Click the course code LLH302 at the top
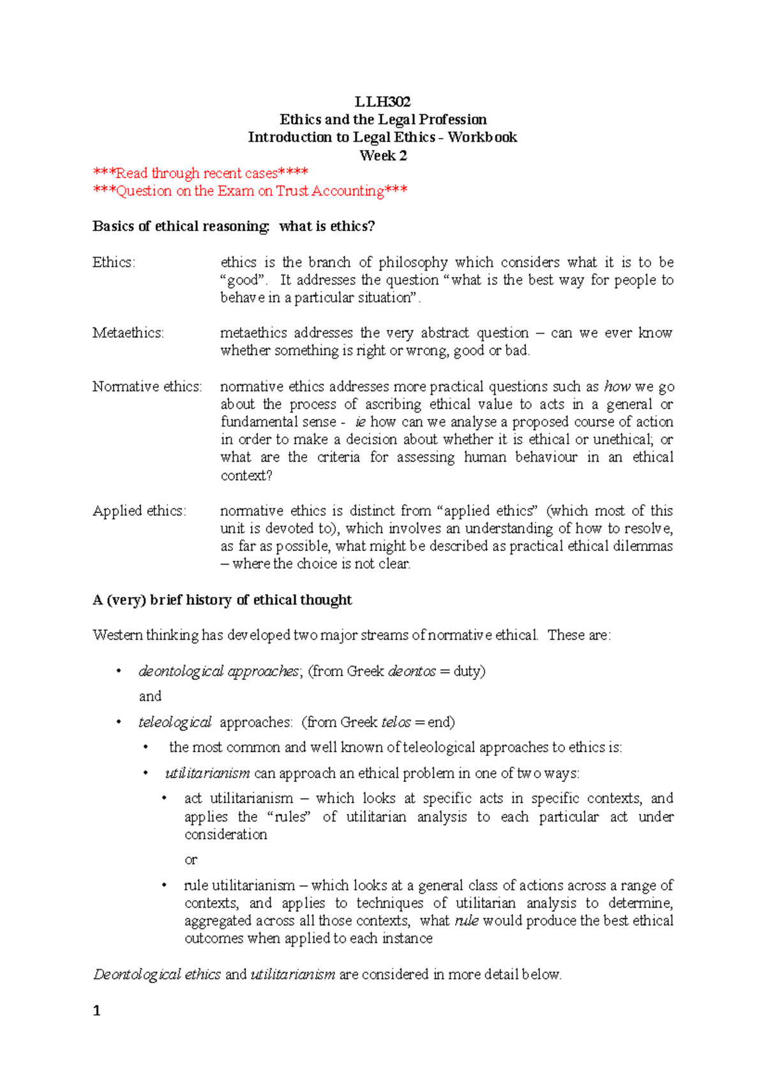coord(382,102)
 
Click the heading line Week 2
coord(382,155)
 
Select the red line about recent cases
coord(200,173)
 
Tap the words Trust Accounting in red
coord(330,191)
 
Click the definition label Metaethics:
coord(128,333)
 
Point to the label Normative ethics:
coord(147,386)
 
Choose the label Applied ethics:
coord(139,511)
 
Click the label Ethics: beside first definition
coord(114,262)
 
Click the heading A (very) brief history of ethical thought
coord(222,599)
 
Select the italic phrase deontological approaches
coord(218,671)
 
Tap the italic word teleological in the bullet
coord(174,722)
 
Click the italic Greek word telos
coord(396,722)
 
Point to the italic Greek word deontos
coord(412,671)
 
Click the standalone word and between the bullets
coord(150,696)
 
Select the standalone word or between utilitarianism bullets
coord(190,860)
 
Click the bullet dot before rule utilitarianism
coord(165,885)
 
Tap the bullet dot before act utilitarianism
coord(165,799)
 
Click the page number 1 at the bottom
coord(97,1011)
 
